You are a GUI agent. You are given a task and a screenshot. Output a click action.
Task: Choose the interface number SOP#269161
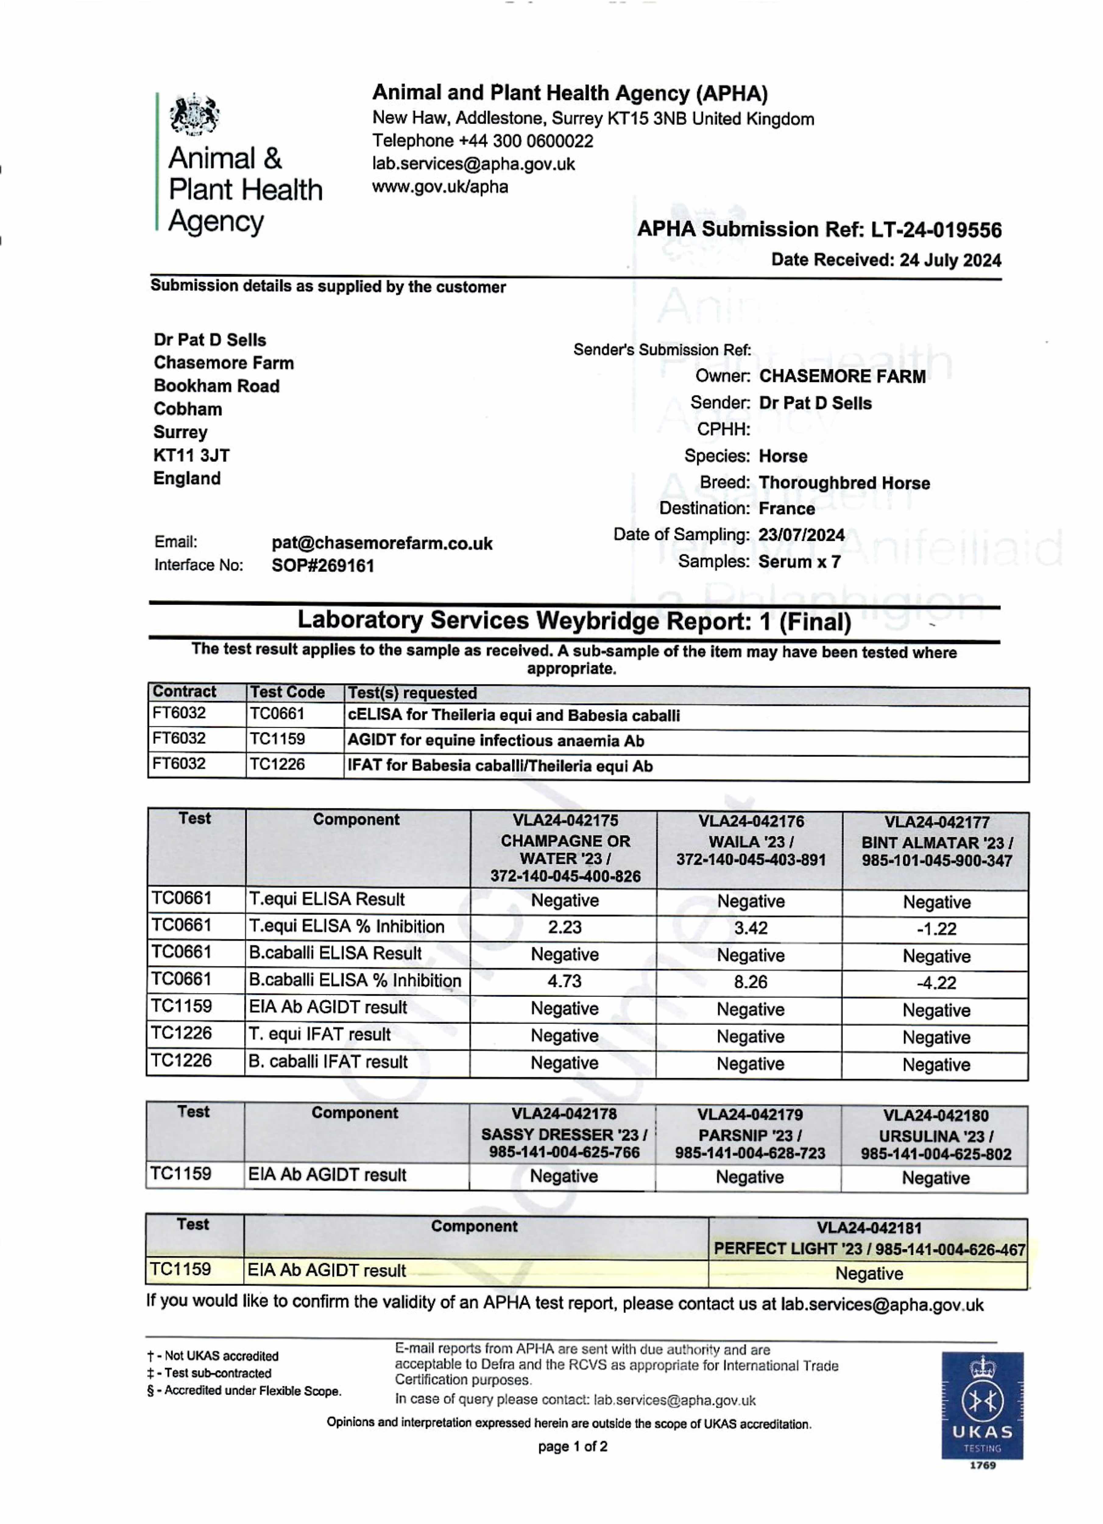(x=323, y=566)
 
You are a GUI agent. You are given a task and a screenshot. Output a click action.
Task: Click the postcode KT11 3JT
(x=191, y=456)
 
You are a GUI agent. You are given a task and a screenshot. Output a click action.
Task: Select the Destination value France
(x=787, y=509)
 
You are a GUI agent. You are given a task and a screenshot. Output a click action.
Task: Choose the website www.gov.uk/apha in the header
(x=440, y=187)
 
